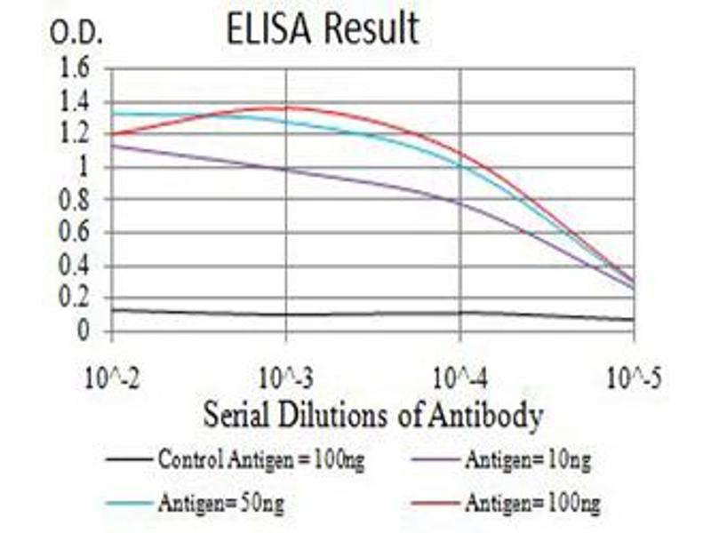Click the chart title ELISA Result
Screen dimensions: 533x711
click(x=323, y=29)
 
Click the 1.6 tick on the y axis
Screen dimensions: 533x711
click(x=76, y=68)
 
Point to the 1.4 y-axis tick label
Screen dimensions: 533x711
click(x=76, y=101)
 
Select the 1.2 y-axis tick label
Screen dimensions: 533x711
click(x=76, y=134)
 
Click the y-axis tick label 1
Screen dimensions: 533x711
click(x=84, y=167)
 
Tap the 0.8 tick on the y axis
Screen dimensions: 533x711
click(x=76, y=200)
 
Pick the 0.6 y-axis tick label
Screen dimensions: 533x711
click(x=76, y=233)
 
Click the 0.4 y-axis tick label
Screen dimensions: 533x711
click(x=76, y=266)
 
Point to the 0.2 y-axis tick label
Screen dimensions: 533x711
click(x=76, y=298)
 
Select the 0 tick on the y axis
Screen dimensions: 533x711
click(x=84, y=331)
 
